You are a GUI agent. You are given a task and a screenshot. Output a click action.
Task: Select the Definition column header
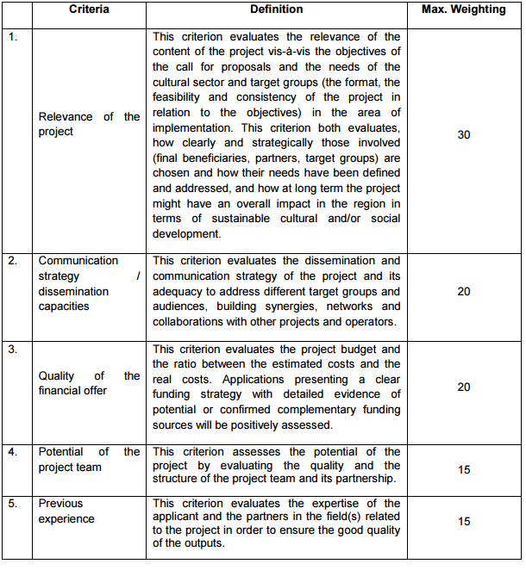[x=276, y=9]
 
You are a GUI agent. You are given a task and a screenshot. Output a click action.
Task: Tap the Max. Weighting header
[x=463, y=9]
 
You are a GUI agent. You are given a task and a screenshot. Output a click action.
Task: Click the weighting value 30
[x=463, y=135]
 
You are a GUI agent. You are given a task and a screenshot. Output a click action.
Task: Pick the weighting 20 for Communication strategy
[x=463, y=292]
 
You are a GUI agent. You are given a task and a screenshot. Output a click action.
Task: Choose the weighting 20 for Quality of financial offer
[x=463, y=387]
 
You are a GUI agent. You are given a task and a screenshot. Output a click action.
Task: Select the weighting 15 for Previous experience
[x=463, y=522]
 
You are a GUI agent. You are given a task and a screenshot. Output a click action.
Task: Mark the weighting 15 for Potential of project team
[x=463, y=468]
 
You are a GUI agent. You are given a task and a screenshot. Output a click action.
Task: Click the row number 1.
[x=13, y=37]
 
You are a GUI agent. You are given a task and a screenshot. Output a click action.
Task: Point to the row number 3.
[x=13, y=350]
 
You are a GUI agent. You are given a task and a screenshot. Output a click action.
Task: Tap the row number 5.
[x=13, y=504]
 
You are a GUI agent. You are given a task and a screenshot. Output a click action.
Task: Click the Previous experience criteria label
[x=66, y=511]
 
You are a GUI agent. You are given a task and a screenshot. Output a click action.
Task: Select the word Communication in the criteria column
[x=78, y=261]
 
